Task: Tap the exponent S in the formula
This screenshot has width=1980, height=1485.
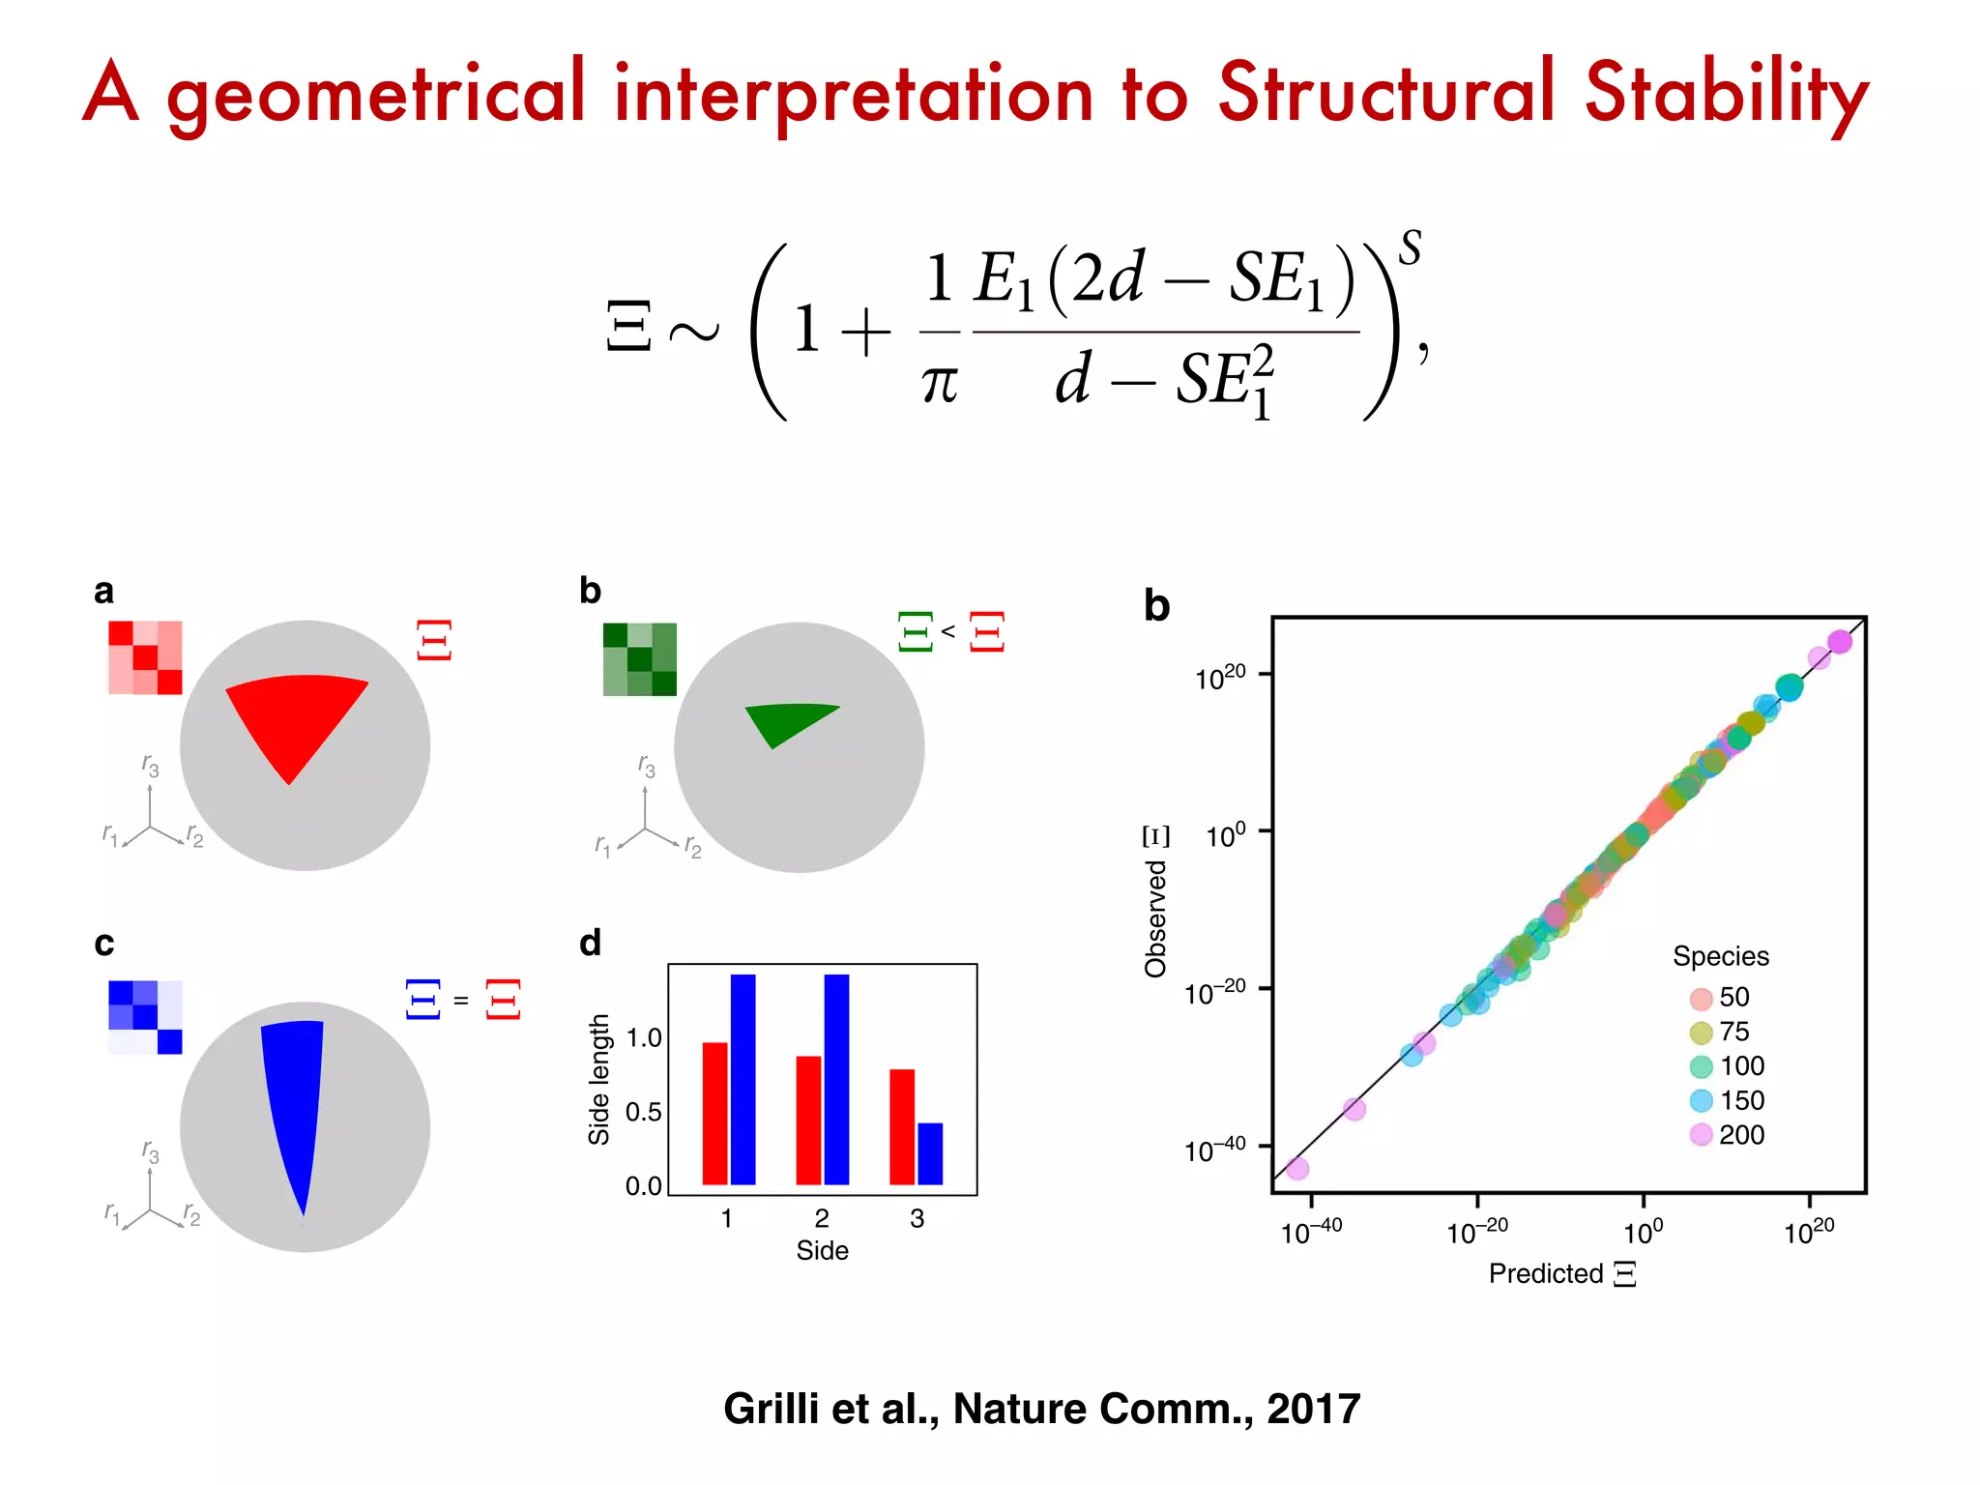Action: pos(1411,247)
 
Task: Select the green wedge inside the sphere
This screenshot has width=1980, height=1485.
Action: pos(783,723)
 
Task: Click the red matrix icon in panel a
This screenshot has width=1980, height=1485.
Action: pos(145,657)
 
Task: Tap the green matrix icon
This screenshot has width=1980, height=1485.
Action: pos(639,659)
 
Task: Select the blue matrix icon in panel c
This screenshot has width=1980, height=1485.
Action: pos(145,1017)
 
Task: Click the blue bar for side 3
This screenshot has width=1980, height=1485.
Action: pos(930,1153)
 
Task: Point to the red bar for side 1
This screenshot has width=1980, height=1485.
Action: pos(714,1113)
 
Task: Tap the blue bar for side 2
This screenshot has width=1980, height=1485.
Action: pos(836,1079)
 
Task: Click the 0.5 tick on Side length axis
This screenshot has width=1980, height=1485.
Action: pos(644,1112)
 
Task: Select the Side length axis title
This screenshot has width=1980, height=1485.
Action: pos(599,1079)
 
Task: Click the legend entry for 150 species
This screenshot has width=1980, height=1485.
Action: pos(1727,1100)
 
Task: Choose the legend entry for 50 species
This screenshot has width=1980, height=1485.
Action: pos(1720,997)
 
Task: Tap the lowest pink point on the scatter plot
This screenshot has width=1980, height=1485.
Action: pos(1297,1169)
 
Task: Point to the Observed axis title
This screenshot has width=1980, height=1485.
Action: pos(1155,918)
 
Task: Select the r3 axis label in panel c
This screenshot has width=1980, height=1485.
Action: pos(151,1150)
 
